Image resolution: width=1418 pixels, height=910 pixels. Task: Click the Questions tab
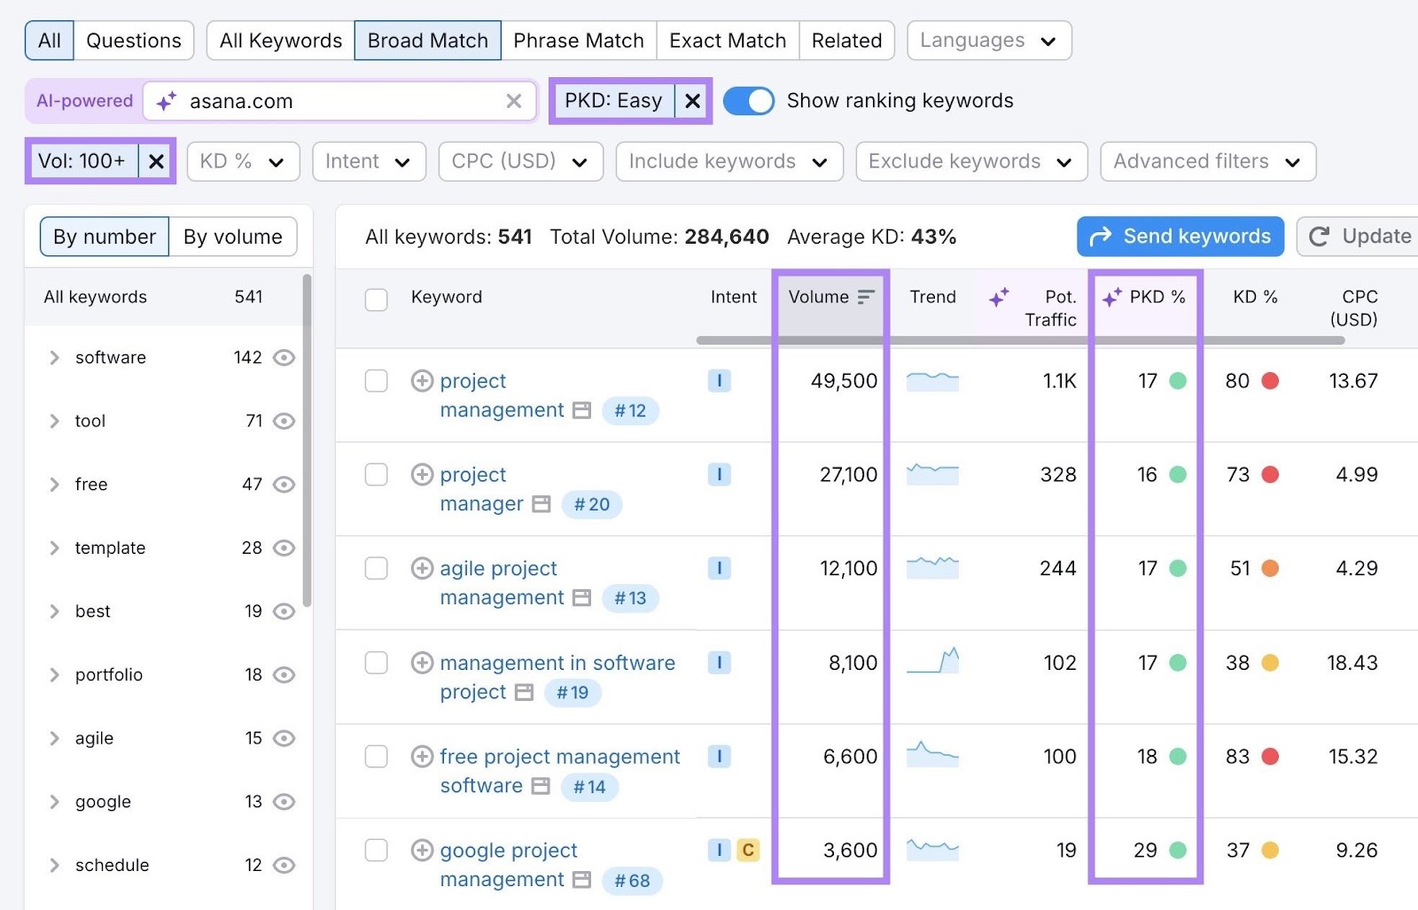click(133, 41)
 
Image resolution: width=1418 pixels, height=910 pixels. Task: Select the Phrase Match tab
click(578, 41)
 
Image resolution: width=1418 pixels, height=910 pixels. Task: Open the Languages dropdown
click(988, 41)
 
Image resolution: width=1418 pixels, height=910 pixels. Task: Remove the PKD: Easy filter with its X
click(693, 101)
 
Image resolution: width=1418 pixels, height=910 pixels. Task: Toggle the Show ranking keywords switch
click(749, 101)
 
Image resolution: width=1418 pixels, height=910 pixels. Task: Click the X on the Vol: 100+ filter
click(156, 161)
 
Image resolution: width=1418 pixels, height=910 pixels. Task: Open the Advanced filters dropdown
click(1207, 161)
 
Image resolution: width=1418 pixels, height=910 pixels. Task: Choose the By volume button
click(232, 237)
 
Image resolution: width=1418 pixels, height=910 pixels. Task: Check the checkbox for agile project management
click(377, 568)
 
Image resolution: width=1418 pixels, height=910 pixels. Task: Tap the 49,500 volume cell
click(844, 381)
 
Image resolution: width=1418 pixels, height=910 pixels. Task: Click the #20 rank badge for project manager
click(592, 504)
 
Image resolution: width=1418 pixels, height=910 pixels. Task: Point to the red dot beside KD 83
click(1270, 757)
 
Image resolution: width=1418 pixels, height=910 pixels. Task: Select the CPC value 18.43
click(1352, 663)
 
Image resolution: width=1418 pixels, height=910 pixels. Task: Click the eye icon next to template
click(284, 548)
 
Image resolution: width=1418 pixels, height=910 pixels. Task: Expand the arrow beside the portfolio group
click(55, 675)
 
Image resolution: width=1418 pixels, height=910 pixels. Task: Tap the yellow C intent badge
click(748, 851)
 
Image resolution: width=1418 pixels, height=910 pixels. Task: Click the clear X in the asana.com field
click(514, 101)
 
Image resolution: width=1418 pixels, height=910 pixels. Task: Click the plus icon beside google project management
click(422, 851)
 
